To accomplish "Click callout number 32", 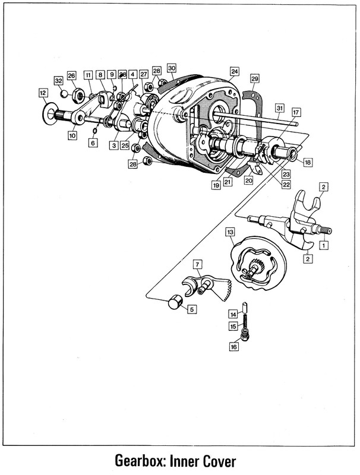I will (58, 80).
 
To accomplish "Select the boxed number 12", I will (43, 93).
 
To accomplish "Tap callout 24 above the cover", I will (234, 72).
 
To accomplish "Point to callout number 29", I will (254, 79).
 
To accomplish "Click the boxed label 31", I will (280, 107).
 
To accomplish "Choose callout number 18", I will (307, 161).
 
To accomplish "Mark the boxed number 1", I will (323, 244).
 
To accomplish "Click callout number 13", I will (230, 231).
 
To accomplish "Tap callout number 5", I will (191, 309).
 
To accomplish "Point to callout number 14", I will (234, 314).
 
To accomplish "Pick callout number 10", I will (72, 135).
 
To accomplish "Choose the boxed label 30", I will (172, 68).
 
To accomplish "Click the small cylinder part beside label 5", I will (173, 303).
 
